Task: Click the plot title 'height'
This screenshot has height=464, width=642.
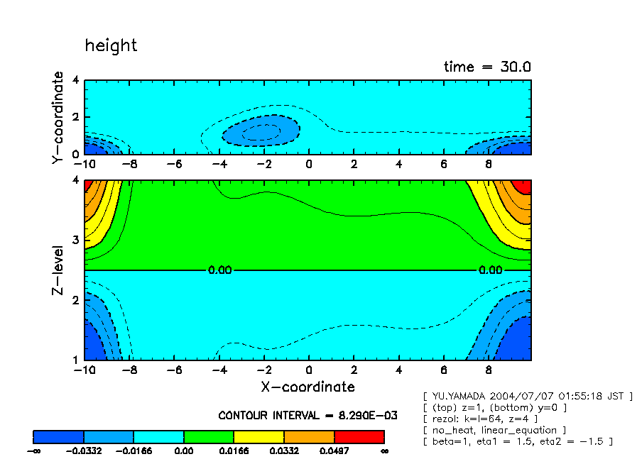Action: click(111, 45)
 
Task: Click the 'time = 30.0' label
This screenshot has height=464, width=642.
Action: click(487, 67)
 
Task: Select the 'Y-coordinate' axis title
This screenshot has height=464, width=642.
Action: click(58, 118)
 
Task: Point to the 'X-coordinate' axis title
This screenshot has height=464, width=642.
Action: click(308, 387)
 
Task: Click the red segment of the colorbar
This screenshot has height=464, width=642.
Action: click(359, 436)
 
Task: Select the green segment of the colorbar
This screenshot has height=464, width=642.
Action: click(209, 436)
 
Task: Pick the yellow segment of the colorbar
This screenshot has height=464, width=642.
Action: click(259, 436)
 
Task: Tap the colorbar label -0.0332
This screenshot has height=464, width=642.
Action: click(84, 451)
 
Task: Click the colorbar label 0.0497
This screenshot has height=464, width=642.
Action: click(334, 451)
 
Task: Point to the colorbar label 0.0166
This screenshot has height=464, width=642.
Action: click(234, 451)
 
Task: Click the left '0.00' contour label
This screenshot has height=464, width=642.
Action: click(219, 270)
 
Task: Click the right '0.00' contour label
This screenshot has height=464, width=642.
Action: click(491, 270)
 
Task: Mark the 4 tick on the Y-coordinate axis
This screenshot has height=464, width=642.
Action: click(77, 81)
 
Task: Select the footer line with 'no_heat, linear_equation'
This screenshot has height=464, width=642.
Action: click(494, 430)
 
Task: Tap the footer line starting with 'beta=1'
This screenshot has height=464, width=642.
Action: click(518, 441)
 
